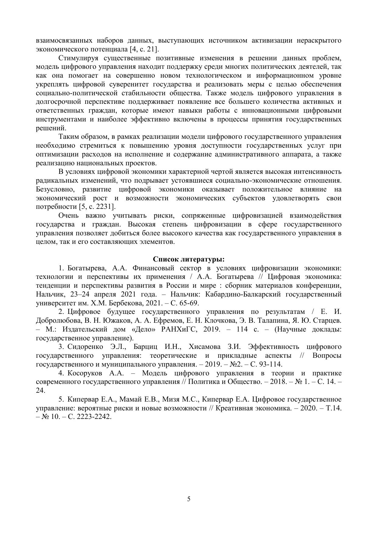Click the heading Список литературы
[x=189, y=259]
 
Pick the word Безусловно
[x=55, y=189]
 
